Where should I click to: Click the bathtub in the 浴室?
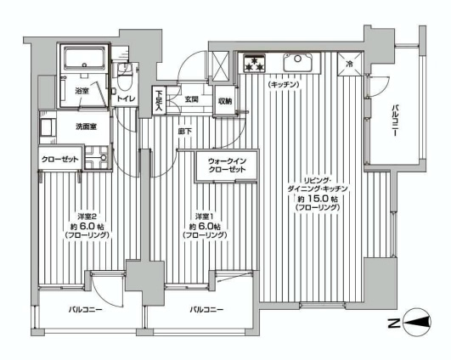click(x=84, y=59)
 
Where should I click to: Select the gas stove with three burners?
click(x=254, y=63)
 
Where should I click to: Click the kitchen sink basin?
click(x=297, y=62)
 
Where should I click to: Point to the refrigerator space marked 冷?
click(x=350, y=64)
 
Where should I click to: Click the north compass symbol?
click(x=417, y=323)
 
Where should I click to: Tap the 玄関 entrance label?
click(x=191, y=99)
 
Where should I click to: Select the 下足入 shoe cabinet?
click(x=159, y=101)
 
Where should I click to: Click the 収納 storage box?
click(x=225, y=101)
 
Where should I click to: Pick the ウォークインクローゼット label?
click(x=228, y=166)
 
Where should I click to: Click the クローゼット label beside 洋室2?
click(x=59, y=159)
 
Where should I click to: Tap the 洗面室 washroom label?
click(x=86, y=127)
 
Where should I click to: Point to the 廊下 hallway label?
click(x=185, y=132)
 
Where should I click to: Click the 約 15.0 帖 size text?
click(x=318, y=199)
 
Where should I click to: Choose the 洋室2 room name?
click(x=87, y=217)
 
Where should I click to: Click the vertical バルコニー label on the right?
click(x=395, y=121)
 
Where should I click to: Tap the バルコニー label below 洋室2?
click(x=86, y=310)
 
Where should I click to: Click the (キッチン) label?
click(x=284, y=85)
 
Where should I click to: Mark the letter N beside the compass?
click(x=393, y=323)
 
